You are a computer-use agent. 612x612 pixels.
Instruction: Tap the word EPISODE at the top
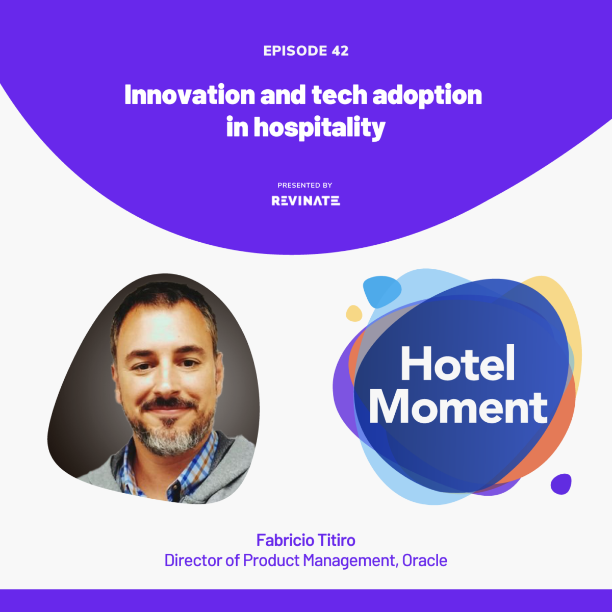(x=295, y=51)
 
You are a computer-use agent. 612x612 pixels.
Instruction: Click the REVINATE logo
(x=305, y=201)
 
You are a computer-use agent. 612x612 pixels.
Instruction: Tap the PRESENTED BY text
(x=305, y=185)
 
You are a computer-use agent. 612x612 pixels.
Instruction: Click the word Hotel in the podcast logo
(x=457, y=364)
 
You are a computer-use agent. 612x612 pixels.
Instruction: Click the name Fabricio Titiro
(x=305, y=540)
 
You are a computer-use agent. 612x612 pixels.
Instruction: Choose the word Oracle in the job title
(x=424, y=560)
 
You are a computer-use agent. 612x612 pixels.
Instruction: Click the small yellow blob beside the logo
(x=354, y=313)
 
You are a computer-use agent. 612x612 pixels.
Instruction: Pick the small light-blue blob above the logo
(x=381, y=291)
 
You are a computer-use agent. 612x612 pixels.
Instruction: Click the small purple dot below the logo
(x=560, y=484)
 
